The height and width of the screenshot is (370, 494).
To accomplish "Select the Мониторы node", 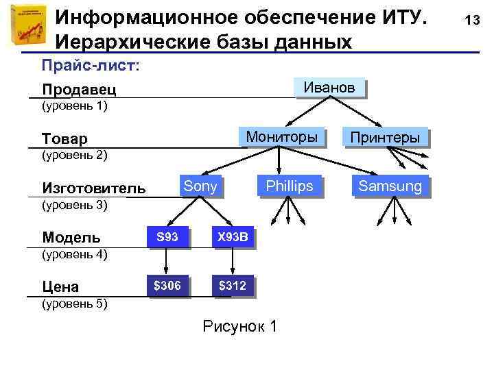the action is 281,137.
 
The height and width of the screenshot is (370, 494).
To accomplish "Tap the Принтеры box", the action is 385,138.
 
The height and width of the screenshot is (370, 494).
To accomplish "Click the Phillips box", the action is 289,186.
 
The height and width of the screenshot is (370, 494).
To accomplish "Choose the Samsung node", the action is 390,186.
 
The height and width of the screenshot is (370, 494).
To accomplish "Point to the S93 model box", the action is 167,238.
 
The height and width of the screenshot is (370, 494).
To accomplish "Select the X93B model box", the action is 233,238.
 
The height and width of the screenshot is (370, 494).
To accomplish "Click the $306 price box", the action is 167,286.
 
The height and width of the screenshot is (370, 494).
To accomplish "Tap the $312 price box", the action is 233,286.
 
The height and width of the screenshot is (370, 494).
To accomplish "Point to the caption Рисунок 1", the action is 240,326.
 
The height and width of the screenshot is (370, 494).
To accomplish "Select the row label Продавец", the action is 79,90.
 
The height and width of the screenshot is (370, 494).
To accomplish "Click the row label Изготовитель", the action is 93,188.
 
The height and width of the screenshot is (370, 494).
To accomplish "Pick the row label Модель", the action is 71,238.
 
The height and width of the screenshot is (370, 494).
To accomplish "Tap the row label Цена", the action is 60,287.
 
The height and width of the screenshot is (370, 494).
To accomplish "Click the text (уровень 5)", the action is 75,304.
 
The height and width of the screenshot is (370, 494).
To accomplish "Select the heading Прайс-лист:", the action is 90,65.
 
